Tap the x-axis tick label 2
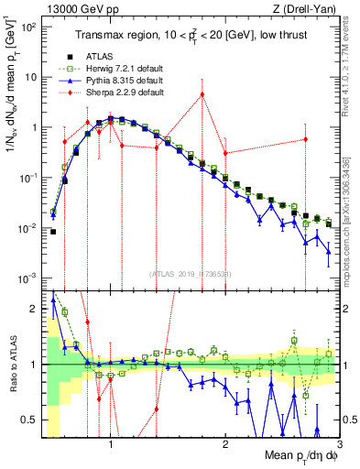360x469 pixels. (225, 442)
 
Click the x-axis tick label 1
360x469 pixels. (111, 442)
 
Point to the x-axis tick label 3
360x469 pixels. (339, 442)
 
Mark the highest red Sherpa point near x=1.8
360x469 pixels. (202, 94)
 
